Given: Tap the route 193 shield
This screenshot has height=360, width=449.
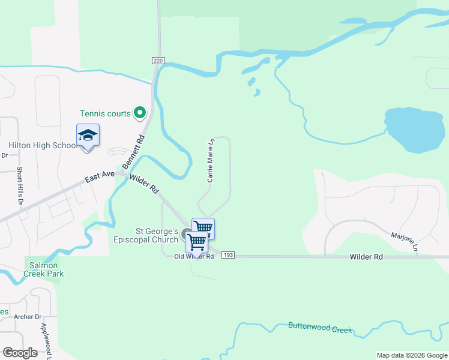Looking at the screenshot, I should coord(228,255).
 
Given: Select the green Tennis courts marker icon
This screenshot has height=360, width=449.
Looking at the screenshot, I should coord(140,112).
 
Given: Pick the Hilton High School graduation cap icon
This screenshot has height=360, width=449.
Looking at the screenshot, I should coord(88,136).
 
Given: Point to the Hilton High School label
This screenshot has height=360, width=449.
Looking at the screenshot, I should coord(43,145).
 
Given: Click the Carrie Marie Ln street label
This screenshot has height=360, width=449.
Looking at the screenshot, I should coord(211,161).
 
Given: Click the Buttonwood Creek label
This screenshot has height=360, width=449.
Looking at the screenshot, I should coord(320,328).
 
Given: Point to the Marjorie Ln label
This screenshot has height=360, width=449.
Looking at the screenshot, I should coord(404,241).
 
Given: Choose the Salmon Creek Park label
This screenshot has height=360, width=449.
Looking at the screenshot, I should coord(44,269).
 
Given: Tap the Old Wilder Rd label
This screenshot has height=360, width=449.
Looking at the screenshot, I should coord(194,257).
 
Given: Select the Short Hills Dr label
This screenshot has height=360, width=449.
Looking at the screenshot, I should coord(20,186).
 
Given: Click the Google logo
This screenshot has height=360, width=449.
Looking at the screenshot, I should coord(20,353).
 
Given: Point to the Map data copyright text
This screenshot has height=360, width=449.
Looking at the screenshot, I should coord(411,355).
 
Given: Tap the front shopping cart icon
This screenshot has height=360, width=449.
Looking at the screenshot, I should coord(197,242).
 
